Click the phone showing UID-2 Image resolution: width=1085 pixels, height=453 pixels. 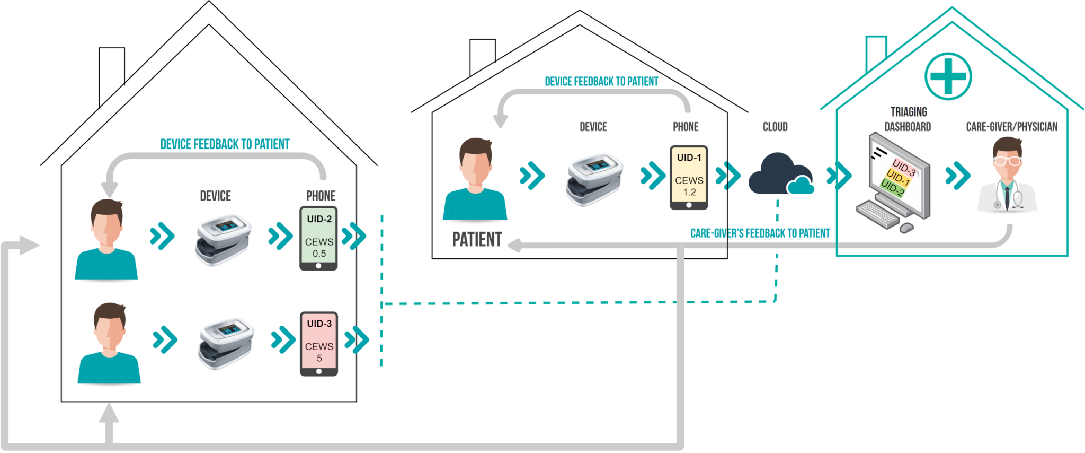click(318, 238)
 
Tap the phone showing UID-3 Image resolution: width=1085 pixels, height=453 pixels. click(319, 344)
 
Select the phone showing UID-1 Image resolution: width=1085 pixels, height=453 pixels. click(689, 178)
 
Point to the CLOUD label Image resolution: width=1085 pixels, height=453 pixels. click(775, 127)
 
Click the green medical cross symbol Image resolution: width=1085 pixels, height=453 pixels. click(948, 76)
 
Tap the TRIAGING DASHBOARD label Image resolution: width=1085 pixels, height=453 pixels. click(908, 119)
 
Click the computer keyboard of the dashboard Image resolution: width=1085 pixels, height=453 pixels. click(878, 214)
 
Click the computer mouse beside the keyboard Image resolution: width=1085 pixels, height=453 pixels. click(906, 228)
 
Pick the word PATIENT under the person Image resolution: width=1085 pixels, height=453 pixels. click(477, 240)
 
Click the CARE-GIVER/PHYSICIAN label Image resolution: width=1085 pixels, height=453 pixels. click(1011, 127)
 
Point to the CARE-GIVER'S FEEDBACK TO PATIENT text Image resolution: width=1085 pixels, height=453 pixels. click(760, 233)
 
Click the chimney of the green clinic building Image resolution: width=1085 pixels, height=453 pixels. click(876, 53)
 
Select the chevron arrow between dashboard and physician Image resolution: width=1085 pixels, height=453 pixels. click(958, 176)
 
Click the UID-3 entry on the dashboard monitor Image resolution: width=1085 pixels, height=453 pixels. click(904, 167)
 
